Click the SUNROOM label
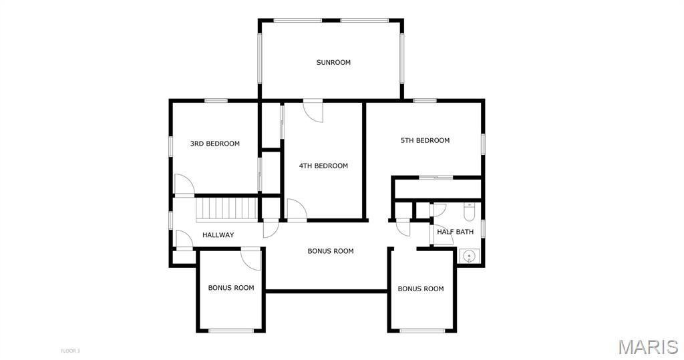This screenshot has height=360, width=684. click(x=333, y=62)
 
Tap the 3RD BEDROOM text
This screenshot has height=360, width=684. click(x=214, y=144)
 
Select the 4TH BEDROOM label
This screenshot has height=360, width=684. click(x=323, y=166)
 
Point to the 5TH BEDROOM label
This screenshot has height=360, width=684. click(x=425, y=140)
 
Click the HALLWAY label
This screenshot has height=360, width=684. click(x=218, y=234)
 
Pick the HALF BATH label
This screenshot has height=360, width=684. click(x=455, y=232)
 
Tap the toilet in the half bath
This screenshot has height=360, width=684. click(x=470, y=212)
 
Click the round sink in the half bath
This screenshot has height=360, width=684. click(x=469, y=256)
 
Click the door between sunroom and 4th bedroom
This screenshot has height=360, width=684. click(x=313, y=111)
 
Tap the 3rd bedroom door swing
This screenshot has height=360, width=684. click(x=184, y=184)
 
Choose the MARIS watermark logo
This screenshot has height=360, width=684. click(x=649, y=347)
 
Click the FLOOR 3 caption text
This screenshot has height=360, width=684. click(x=69, y=351)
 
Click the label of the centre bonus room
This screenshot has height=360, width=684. click(x=330, y=251)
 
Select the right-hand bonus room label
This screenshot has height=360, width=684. click(x=421, y=289)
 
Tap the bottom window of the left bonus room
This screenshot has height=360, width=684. click(x=231, y=331)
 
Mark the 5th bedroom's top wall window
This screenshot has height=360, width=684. click(x=424, y=101)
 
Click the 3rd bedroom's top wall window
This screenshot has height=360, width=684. click(x=216, y=101)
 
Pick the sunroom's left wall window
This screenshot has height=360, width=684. click(x=260, y=58)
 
